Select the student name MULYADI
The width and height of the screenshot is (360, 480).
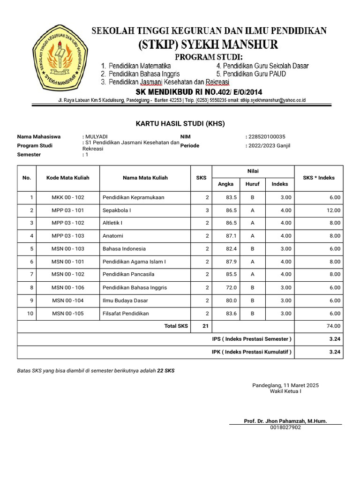pos(96,136)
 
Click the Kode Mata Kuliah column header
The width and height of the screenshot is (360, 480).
pos(67,178)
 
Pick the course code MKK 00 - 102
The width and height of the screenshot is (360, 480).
pos(67,197)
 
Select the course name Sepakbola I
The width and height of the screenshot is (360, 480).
pos(117,210)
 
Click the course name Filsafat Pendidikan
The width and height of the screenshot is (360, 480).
pos(126,313)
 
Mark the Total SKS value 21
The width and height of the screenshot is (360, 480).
pos(205,326)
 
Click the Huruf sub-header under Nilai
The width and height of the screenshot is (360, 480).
pos(253,184)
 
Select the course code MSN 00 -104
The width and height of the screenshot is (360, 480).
pos(67,300)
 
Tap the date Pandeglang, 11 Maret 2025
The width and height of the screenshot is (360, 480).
pos(285,385)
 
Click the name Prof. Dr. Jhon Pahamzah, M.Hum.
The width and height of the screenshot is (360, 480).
pos(285,421)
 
